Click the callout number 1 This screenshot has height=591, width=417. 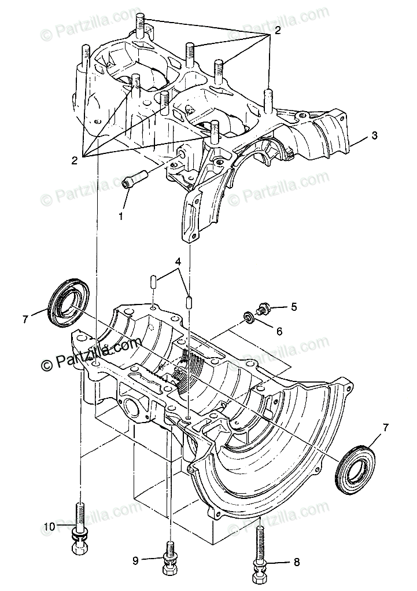121,216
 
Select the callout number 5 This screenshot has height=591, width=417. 294,307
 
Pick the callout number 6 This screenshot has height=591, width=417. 279,332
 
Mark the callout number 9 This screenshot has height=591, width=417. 136,560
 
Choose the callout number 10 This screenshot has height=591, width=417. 49,526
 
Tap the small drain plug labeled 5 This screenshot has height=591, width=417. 264,309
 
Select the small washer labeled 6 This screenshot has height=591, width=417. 249,318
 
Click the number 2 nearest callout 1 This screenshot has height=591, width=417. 74,160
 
